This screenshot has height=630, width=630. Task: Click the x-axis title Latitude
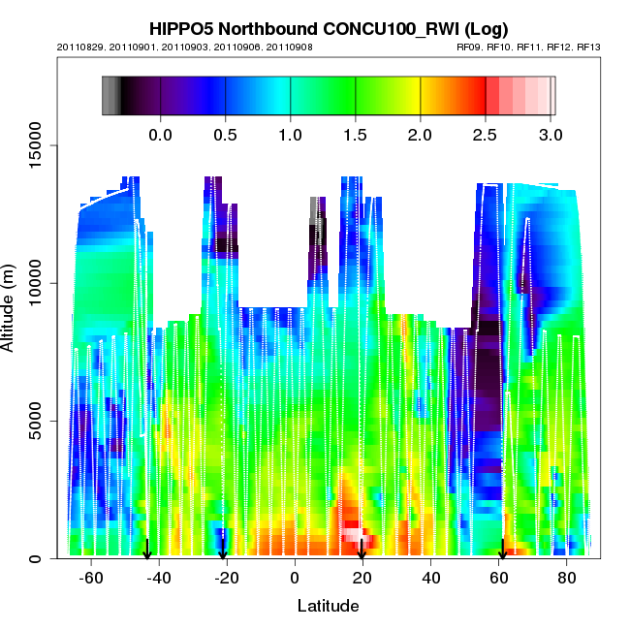tap(328, 606)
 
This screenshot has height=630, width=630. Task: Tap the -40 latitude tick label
tap(159, 578)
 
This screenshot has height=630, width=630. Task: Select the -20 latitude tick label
tap(227, 578)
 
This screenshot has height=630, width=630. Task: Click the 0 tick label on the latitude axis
tap(294, 578)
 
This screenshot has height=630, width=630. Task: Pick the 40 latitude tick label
tap(428, 578)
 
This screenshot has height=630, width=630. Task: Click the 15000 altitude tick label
tap(34, 145)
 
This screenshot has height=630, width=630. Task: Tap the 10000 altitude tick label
tap(34, 283)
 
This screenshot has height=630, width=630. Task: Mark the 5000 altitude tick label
tap(34, 421)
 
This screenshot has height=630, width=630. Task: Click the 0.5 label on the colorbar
tap(225, 134)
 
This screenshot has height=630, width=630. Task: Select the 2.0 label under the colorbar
tap(420, 134)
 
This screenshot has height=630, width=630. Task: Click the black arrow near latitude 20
tap(361, 551)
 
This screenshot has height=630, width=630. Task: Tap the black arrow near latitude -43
tap(147, 551)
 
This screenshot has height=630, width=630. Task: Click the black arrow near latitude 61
tap(502, 551)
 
